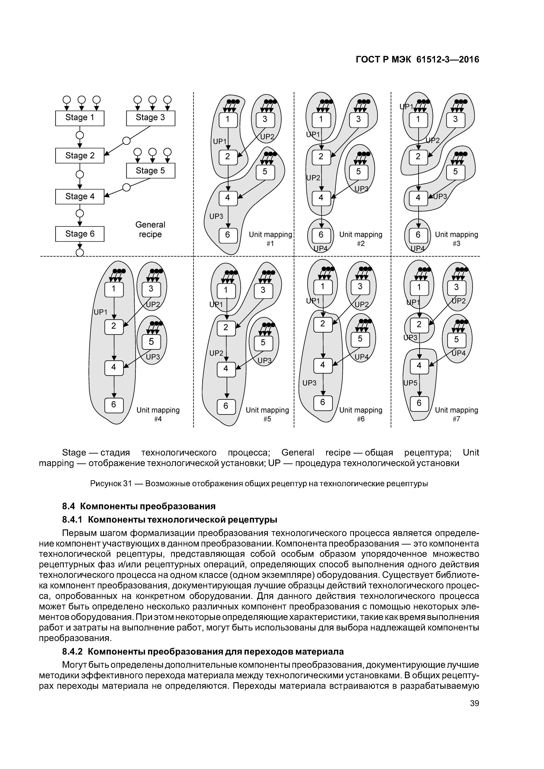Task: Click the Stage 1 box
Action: [x=80, y=118]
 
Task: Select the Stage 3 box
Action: [x=150, y=118]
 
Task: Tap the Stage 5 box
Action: [x=150, y=171]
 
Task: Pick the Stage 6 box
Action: [x=80, y=234]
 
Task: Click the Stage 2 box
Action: [x=80, y=156]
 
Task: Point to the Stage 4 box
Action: [x=80, y=197]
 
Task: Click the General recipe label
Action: [x=150, y=230]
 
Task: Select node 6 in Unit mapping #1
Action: [x=228, y=235]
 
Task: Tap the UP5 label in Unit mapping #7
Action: [x=410, y=383]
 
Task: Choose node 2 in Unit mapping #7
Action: [x=419, y=324]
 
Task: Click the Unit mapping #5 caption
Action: [x=267, y=414]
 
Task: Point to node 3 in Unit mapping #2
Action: [x=358, y=119]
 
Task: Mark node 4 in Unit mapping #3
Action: [x=418, y=198]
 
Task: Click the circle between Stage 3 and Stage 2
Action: [x=126, y=141]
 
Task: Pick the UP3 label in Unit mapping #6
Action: [x=309, y=383]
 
